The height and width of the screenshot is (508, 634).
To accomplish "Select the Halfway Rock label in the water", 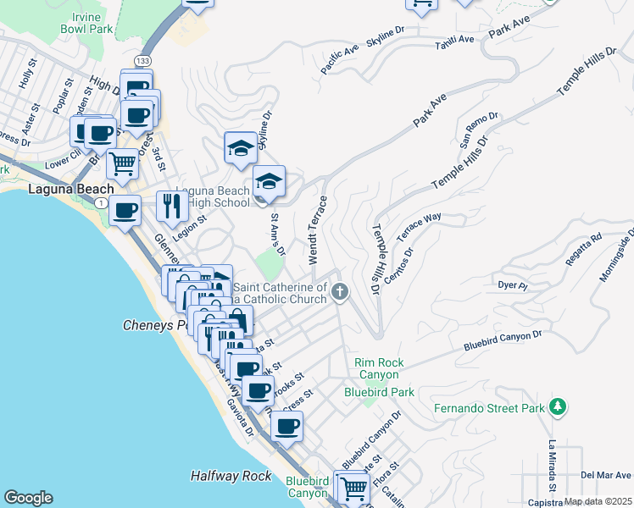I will click(x=231, y=477).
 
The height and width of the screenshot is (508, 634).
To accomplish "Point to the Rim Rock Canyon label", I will click(x=378, y=368).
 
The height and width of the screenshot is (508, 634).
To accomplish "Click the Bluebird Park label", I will click(x=379, y=392).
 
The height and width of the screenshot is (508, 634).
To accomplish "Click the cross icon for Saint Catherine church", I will click(x=340, y=293).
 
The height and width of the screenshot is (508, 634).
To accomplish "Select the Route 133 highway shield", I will click(x=143, y=61).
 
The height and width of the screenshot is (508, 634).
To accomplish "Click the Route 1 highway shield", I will click(x=101, y=203).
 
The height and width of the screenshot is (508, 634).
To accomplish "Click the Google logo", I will click(x=28, y=498).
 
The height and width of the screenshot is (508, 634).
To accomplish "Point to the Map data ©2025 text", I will click(x=598, y=501).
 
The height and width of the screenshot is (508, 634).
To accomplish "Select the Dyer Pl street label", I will click(x=513, y=285).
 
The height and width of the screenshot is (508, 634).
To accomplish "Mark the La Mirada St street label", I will click(x=552, y=466).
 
